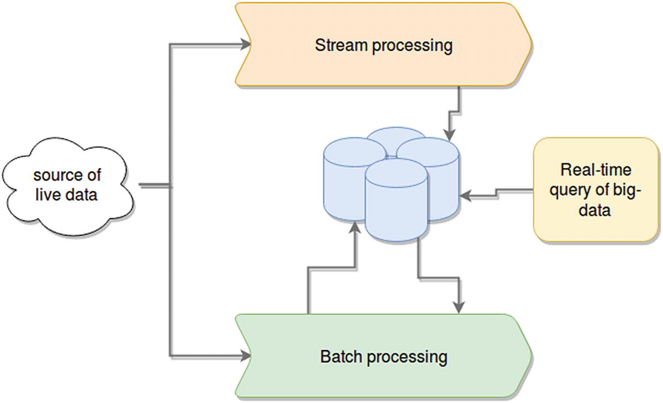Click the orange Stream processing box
[x=384, y=44]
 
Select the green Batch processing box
[x=384, y=356]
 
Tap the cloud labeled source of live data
[x=66, y=185]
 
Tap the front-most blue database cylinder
[x=396, y=201]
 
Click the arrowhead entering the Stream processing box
[x=245, y=45]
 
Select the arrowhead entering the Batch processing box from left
[x=245, y=356]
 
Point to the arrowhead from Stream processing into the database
[x=450, y=135]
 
